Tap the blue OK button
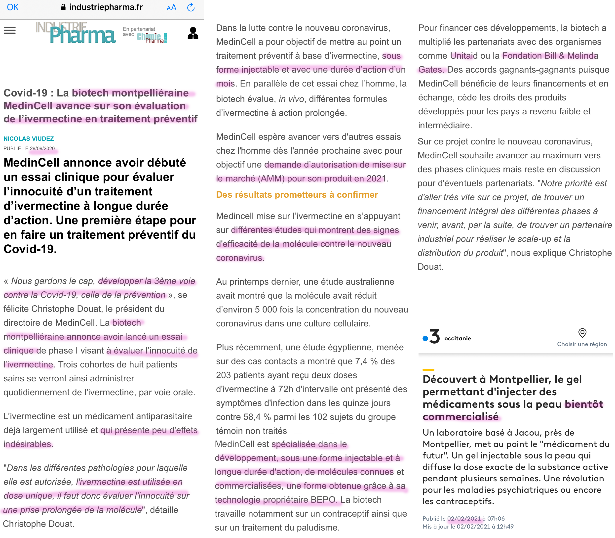coord(13,7)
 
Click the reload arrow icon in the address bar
coord(191,7)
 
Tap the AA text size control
coord(171,7)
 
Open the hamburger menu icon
coord(10,30)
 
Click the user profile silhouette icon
coord(193,33)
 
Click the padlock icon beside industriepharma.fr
coord(63,7)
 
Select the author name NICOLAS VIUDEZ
coord(29,138)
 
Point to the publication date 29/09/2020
coord(42,148)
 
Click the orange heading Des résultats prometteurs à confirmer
coord(297,195)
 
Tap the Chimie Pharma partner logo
coord(152,38)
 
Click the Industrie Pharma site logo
coord(75,32)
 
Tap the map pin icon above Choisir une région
coord(582,333)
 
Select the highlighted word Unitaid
coord(464,55)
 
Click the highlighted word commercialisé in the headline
coord(461,416)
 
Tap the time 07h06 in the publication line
coord(496,519)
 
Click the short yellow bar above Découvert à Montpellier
coord(428,370)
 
